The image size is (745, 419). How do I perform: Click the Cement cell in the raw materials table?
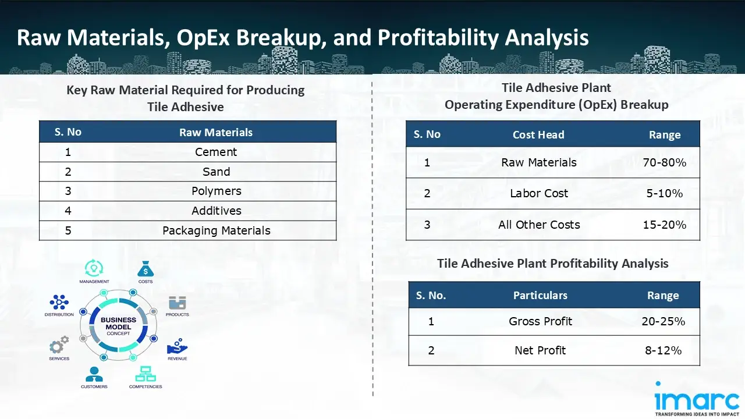point(216,152)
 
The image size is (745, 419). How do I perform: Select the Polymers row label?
point(216,191)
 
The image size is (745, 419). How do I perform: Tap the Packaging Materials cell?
point(216,230)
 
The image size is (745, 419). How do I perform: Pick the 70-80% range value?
point(664,162)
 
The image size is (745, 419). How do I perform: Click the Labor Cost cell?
point(539,193)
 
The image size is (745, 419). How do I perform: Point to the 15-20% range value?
point(664,225)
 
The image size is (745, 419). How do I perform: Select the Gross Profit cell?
point(540,321)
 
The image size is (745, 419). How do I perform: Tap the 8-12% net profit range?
point(663,350)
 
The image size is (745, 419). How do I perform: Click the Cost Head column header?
point(538,134)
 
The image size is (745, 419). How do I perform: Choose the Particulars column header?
point(540,295)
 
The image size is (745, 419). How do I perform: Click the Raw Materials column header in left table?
point(216,132)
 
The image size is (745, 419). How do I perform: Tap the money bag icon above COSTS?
point(146,269)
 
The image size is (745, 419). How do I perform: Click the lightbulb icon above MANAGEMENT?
point(94,268)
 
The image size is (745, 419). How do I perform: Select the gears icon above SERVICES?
point(59,345)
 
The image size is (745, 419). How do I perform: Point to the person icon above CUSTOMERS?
point(94,374)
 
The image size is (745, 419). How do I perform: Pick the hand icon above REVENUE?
point(178,346)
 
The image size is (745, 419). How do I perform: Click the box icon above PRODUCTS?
point(178,303)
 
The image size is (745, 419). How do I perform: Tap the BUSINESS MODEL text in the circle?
point(118,323)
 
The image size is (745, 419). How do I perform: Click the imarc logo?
point(697,399)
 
